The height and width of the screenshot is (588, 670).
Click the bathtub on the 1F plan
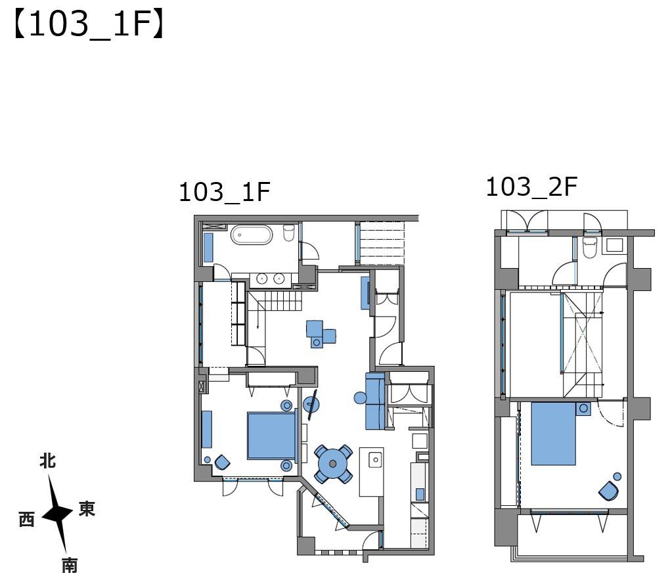(x=251, y=235)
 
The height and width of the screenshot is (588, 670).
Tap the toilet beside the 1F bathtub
(x=289, y=233)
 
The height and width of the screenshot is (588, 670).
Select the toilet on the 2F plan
(x=590, y=248)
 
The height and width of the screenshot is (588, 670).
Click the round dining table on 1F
(x=333, y=464)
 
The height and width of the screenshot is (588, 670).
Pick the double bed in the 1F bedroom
(x=272, y=435)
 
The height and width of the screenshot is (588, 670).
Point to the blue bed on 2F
(x=553, y=434)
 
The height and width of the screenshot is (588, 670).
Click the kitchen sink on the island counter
(x=376, y=459)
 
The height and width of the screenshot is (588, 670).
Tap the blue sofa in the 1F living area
(x=375, y=401)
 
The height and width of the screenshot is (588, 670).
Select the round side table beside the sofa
(x=360, y=398)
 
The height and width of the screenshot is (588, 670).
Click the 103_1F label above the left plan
(x=225, y=192)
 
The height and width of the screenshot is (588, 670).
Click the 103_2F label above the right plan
(x=531, y=187)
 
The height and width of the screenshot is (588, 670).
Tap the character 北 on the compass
(x=47, y=461)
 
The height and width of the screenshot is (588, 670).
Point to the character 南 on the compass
(x=70, y=566)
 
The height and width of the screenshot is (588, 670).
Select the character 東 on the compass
(x=86, y=509)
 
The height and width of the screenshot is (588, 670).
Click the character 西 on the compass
(x=26, y=520)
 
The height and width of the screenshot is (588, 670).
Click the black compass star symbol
(x=58, y=514)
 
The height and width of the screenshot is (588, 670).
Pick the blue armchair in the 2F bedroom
(x=608, y=491)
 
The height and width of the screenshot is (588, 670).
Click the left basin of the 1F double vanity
(x=261, y=279)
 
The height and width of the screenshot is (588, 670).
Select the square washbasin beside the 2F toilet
(x=614, y=245)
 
